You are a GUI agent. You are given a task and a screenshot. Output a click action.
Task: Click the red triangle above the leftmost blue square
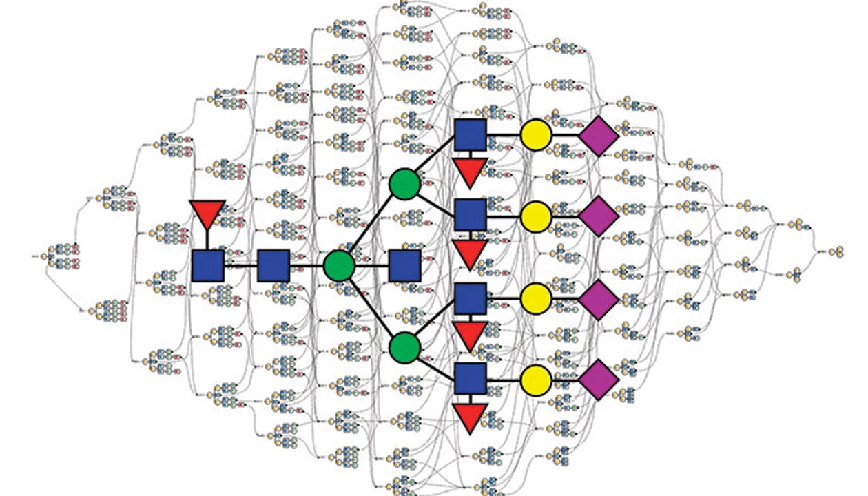coord(207,212)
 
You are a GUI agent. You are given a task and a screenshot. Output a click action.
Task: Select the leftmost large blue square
coord(207,266)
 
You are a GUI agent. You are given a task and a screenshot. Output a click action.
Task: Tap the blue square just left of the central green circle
coord(273,266)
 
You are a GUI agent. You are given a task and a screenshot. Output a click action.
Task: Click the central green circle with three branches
coord(339,266)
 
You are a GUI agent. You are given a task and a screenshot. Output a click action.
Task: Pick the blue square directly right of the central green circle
coord(404,266)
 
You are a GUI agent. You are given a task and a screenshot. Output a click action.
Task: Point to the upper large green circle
coord(404,184)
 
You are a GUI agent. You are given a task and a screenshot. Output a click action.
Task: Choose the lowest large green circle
coord(404,347)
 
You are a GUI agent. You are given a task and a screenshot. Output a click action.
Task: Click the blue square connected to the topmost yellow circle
coord(471,134)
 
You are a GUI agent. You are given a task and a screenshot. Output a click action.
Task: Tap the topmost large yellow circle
coord(536,134)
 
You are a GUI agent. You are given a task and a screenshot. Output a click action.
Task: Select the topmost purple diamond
coord(598,136)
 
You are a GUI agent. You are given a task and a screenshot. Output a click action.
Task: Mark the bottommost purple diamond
coord(598,380)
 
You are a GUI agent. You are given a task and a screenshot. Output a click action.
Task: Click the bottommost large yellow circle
coord(536,380)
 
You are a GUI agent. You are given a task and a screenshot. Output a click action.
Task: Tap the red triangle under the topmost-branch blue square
coord(471,172)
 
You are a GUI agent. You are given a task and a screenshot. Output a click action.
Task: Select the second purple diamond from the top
coord(598,216)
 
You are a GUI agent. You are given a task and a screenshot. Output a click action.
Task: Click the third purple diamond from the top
coord(598,299)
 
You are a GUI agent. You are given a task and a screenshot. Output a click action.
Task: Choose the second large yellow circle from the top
coord(536,216)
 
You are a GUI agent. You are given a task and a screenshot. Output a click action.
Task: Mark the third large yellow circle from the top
coord(536,298)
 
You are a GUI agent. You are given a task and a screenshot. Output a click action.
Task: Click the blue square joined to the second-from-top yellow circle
coord(471,215)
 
